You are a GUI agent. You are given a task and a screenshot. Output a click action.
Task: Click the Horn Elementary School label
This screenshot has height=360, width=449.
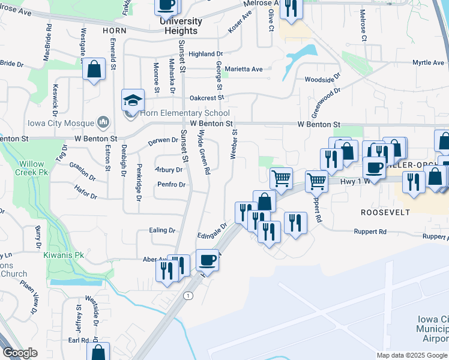point(185,113)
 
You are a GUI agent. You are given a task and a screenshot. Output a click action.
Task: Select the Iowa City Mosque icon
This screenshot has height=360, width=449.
point(103,122)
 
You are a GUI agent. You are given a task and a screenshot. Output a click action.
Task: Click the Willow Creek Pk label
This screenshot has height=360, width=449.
point(31,169)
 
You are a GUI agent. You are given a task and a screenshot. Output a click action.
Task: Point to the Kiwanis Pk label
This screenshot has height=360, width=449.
point(61,255)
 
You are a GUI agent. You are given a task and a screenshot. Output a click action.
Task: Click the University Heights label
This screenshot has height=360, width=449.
point(181,26)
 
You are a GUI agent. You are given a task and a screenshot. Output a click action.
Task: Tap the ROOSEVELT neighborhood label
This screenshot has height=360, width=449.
point(385,212)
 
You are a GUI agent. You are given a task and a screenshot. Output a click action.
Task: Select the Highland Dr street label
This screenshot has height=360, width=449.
point(205,54)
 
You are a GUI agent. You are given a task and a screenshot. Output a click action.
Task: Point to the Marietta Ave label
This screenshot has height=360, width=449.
point(244,69)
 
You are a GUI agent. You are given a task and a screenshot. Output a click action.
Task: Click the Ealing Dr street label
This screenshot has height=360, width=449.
point(163,230)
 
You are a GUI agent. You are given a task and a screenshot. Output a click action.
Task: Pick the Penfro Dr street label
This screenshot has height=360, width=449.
point(170,184)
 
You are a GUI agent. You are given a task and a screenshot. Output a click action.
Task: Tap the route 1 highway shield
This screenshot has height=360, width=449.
point(188,296)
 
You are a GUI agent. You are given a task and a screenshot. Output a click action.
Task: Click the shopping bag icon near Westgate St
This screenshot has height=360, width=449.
point(94,69)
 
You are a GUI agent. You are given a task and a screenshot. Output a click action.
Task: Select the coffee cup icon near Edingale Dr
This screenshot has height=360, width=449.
point(207,260)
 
